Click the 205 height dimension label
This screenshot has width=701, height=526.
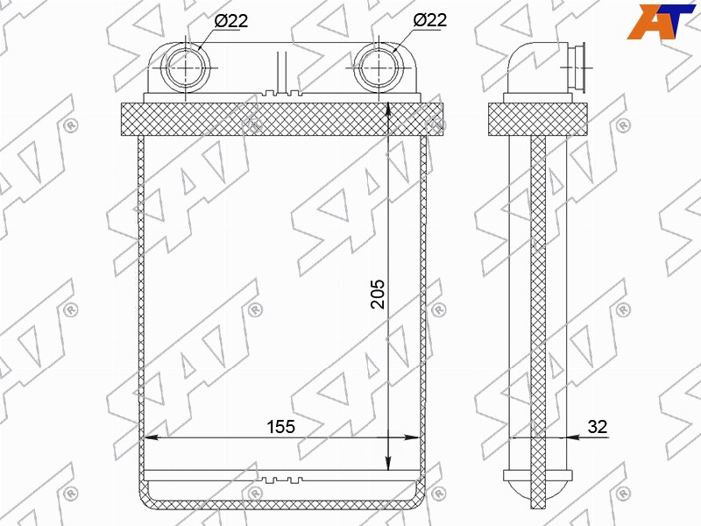tap(378, 295)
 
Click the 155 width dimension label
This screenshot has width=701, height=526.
tap(280, 427)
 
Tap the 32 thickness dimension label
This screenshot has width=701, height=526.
tap(598, 427)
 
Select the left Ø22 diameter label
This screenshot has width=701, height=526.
tap(230, 20)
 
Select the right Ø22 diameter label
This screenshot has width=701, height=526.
tap(429, 20)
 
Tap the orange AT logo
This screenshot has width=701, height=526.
tap(662, 21)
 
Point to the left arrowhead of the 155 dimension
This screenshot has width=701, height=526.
tap(150, 437)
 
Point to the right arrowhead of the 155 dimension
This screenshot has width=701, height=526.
tap(412, 437)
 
